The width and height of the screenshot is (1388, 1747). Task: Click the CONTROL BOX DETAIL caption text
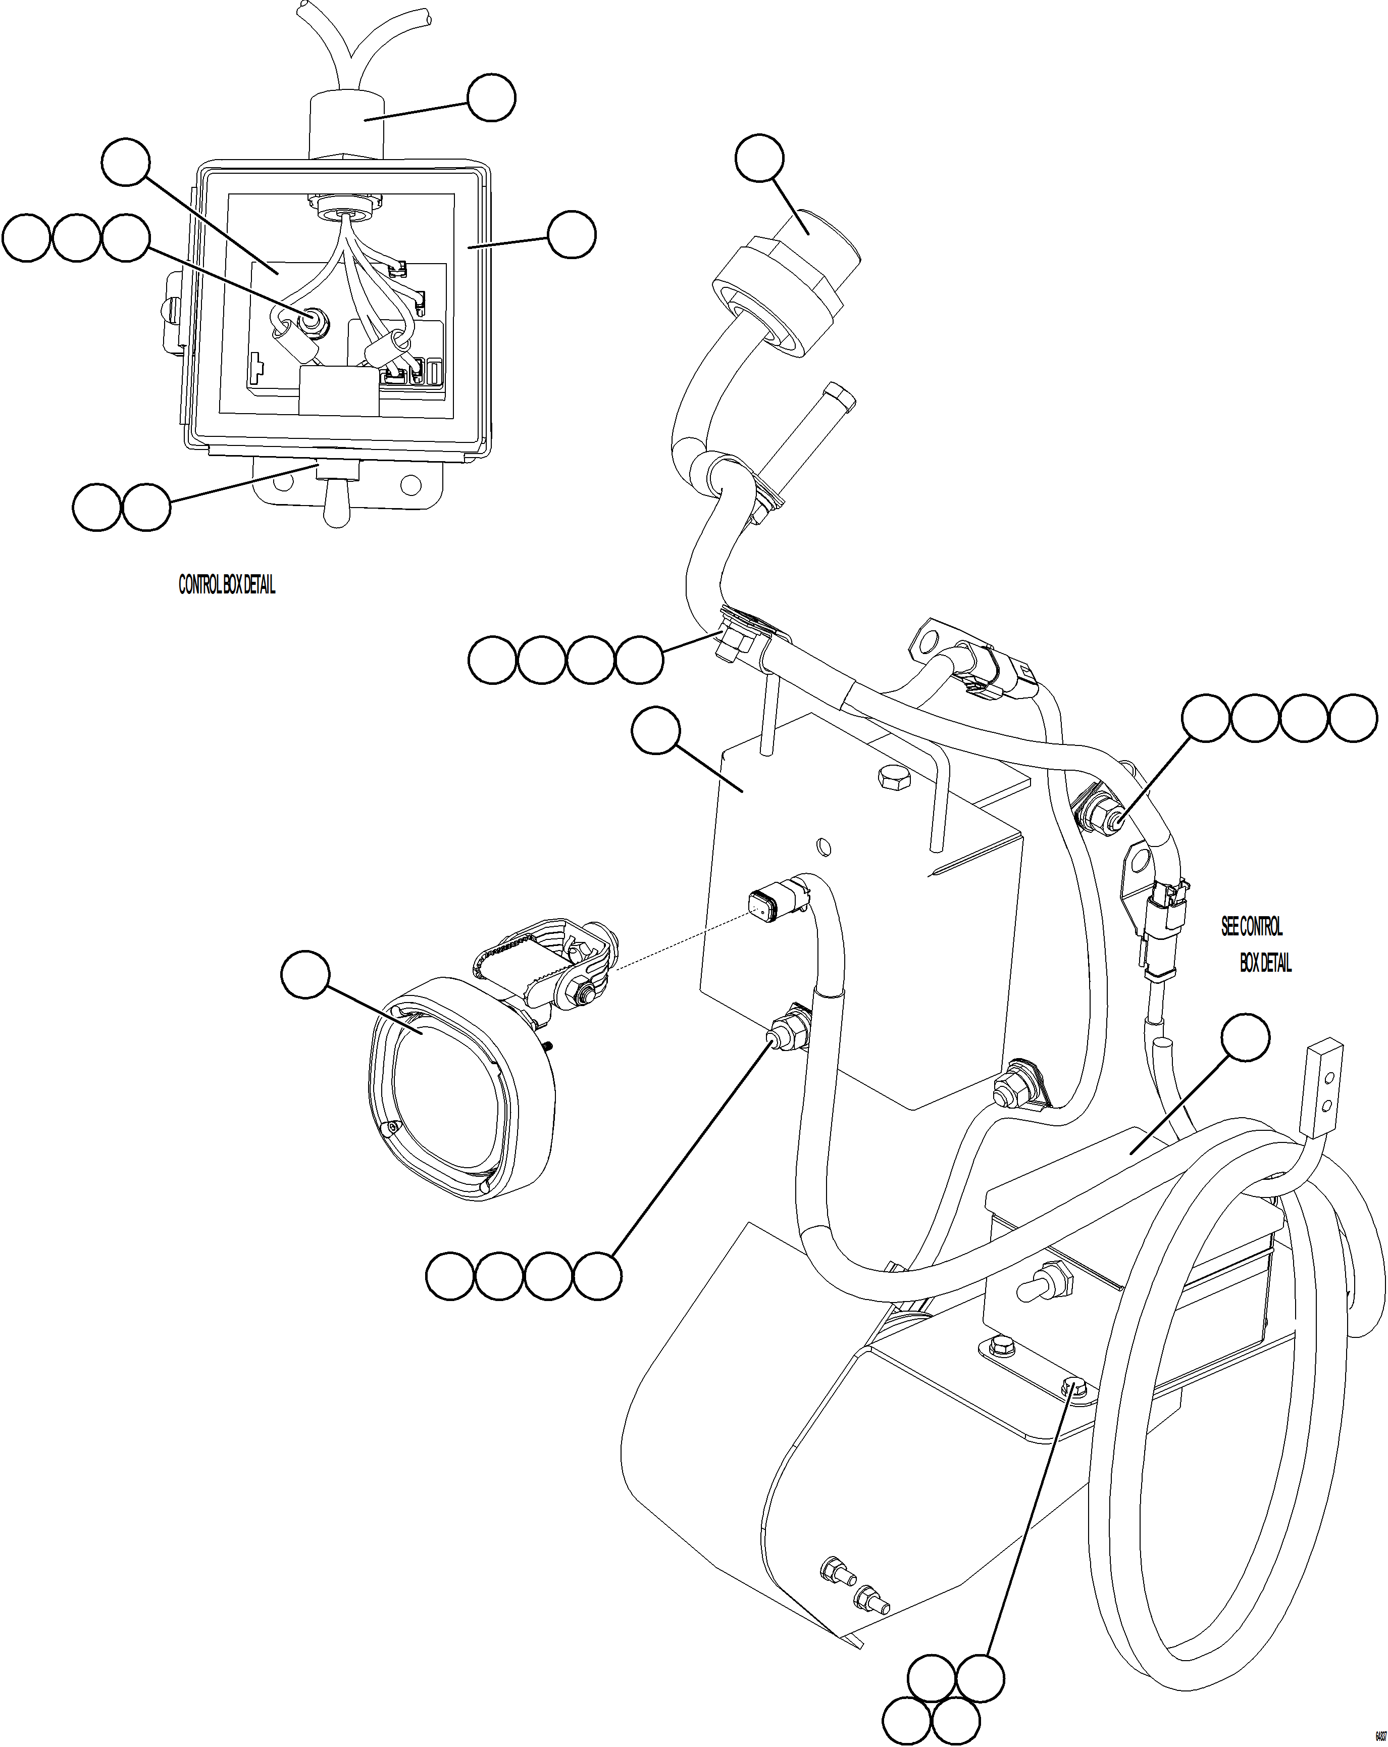click(x=226, y=585)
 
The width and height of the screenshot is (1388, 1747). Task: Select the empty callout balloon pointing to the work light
click(x=305, y=976)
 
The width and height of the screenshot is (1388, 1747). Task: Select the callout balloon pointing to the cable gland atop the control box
click(x=491, y=98)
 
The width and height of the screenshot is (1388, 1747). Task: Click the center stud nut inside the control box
click(x=311, y=321)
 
